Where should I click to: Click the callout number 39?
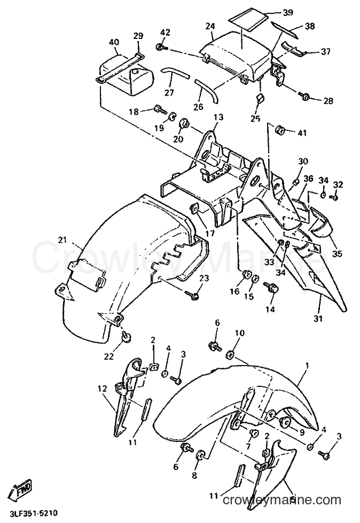click(x=288, y=13)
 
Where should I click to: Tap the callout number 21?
click(x=62, y=240)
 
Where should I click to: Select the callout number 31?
click(x=318, y=319)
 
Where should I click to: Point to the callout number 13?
click(x=218, y=117)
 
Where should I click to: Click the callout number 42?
click(x=165, y=33)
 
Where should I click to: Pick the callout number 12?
click(x=103, y=389)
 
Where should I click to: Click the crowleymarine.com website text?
click(x=282, y=500)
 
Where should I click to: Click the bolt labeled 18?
click(x=160, y=108)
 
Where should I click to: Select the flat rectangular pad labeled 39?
click(x=247, y=18)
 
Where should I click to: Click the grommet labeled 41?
click(x=280, y=129)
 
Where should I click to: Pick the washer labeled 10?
click(x=230, y=355)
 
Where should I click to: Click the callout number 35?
click(x=337, y=254)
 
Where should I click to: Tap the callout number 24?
click(x=210, y=26)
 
